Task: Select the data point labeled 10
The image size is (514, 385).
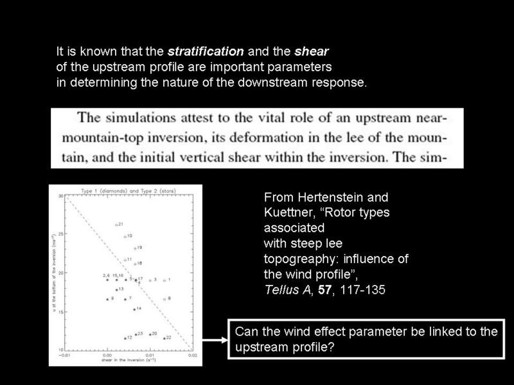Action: pos(125,237)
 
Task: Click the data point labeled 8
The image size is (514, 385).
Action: pos(164,299)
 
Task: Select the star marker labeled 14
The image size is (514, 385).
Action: pos(134,309)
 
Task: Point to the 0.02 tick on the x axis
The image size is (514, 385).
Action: pos(191,355)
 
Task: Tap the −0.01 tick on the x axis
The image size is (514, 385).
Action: pos(64,355)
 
